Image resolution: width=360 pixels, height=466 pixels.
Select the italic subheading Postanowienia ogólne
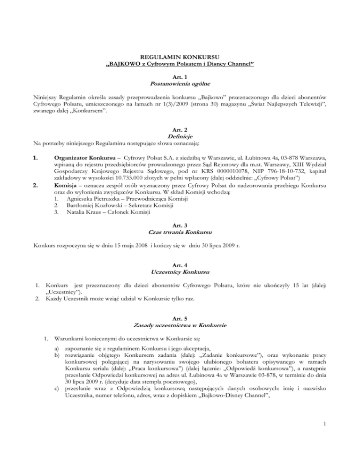click(180, 83)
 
